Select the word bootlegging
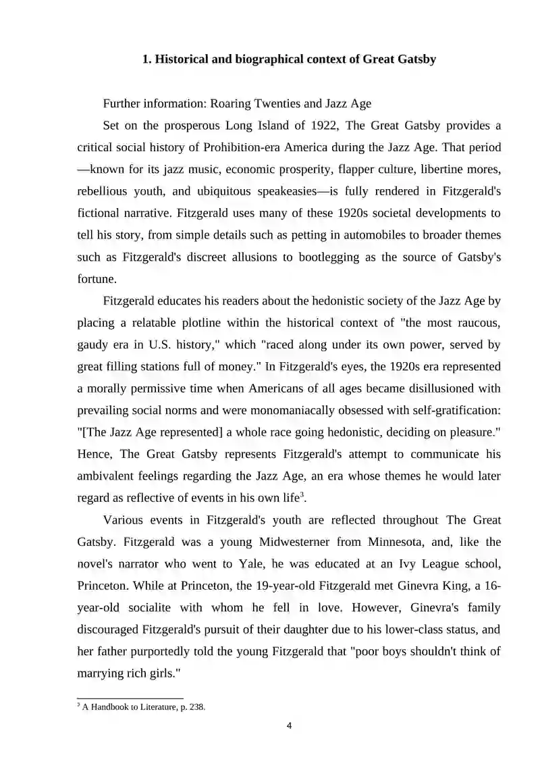(346, 257)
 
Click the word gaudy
(93, 345)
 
